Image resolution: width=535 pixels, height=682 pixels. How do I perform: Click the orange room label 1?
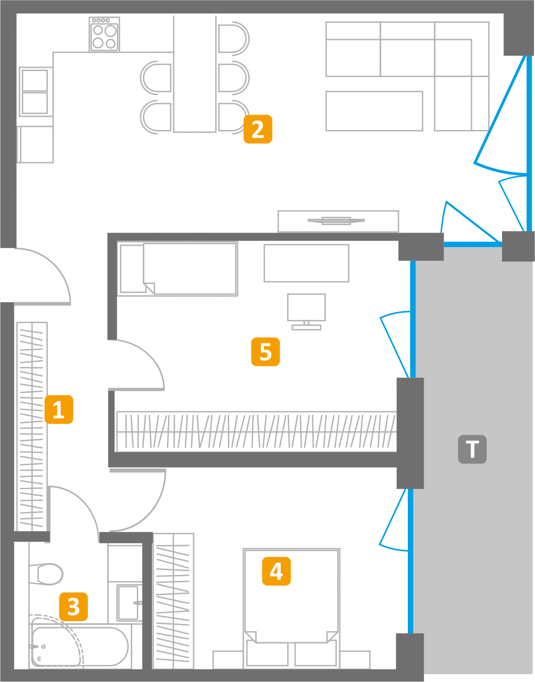[x=59, y=409]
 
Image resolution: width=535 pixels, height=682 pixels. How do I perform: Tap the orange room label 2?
[x=258, y=129]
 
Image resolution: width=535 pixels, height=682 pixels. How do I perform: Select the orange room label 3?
[x=73, y=606]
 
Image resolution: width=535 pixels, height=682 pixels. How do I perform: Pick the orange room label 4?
[x=277, y=571]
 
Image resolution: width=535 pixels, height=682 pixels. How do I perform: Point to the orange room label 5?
[x=265, y=351]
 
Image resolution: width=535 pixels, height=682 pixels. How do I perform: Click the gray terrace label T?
[x=472, y=449]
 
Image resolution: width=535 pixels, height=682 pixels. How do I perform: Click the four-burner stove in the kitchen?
[x=104, y=34]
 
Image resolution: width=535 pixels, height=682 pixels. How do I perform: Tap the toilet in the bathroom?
[x=46, y=574]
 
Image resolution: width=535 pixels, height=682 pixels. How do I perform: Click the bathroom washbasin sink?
[x=128, y=603]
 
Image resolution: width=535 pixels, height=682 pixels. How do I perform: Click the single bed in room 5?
[x=178, y=268]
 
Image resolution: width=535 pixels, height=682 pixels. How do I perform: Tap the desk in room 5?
[x=306, y=263]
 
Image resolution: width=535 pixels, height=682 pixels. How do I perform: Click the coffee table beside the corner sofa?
[x=374, y=111]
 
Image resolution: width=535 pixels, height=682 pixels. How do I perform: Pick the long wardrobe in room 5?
[x=256, y=431]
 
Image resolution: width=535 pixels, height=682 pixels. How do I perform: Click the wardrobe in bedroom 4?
[x=173, y=601]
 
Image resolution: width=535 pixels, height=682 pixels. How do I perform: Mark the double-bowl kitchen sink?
[x=35, y=91]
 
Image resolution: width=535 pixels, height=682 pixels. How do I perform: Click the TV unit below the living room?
[x=338, y=221]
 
